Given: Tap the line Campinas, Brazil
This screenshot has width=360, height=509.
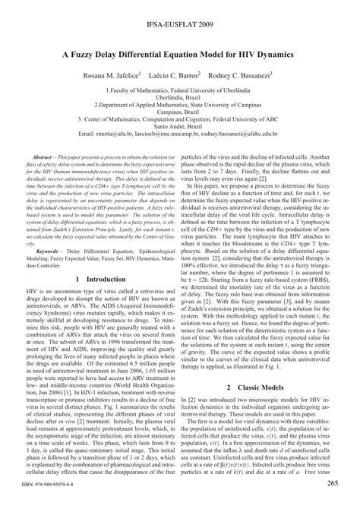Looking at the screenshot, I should coord(179,125).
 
